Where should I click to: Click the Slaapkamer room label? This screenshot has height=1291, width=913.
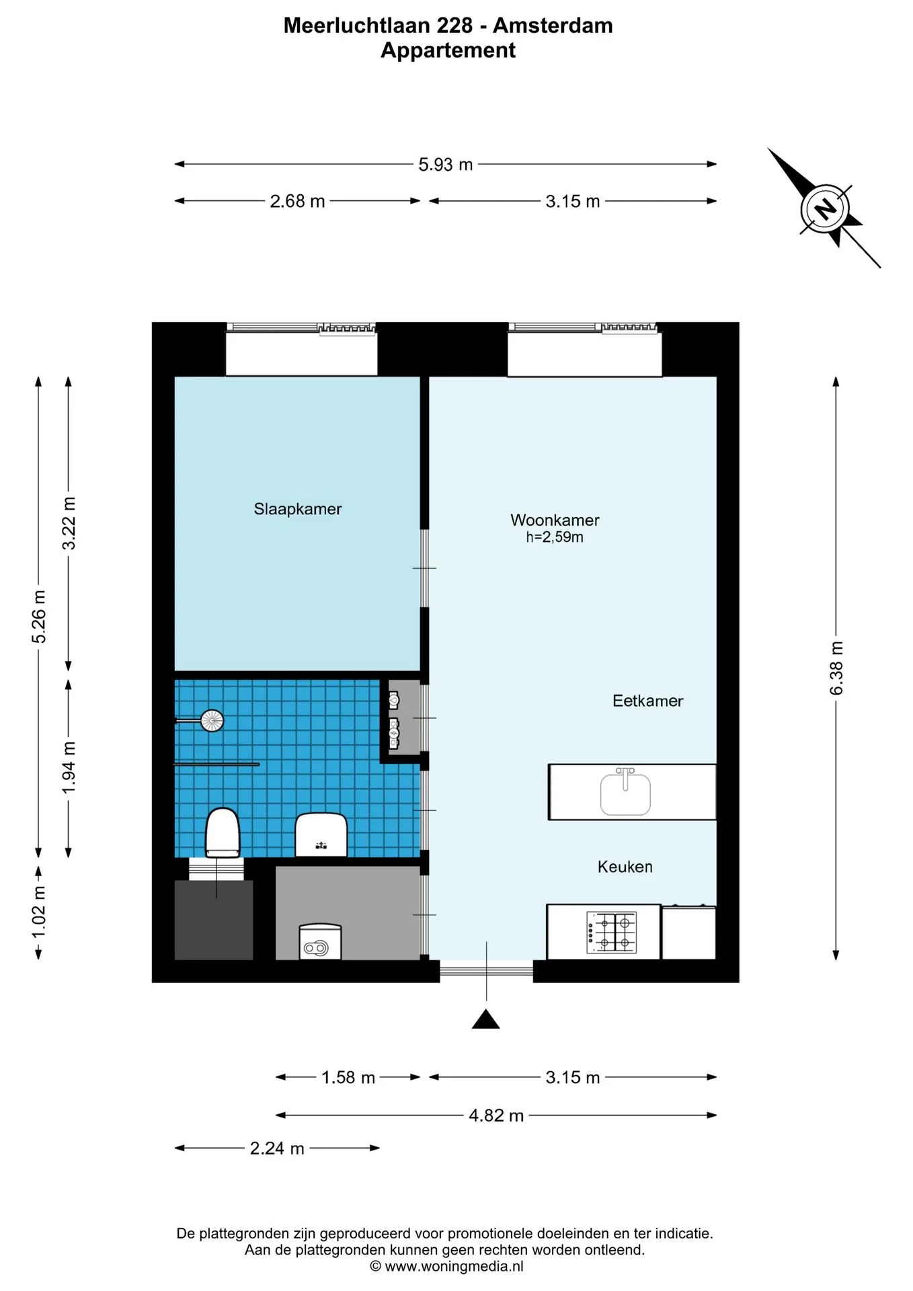[297, 509]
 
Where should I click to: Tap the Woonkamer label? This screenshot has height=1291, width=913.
[555, 520]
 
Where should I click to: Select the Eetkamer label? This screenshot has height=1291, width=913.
[647, 701]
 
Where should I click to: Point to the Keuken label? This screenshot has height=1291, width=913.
[625, 867]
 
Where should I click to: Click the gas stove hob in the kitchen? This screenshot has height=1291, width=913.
[612, 932]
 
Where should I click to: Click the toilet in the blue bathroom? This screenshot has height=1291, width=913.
[223, 832]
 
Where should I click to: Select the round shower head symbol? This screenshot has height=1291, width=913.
[212, 721]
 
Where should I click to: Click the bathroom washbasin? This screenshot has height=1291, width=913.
[321, 834]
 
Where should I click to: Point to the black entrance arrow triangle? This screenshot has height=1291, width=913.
[485, 1020]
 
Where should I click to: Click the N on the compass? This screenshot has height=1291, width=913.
[825, 208]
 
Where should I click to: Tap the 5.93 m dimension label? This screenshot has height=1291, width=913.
[445, 165]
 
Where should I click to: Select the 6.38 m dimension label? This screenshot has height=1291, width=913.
[836, 668]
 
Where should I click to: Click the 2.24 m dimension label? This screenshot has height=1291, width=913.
[277, 1148]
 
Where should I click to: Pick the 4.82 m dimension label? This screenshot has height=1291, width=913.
[496, 1116]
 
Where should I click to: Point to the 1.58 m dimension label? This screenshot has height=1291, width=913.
[348, 1077]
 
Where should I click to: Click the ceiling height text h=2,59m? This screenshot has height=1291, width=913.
[555, 537]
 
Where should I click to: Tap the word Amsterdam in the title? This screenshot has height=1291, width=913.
[553, 26]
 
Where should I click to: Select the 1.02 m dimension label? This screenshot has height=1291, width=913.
[39, 912]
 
